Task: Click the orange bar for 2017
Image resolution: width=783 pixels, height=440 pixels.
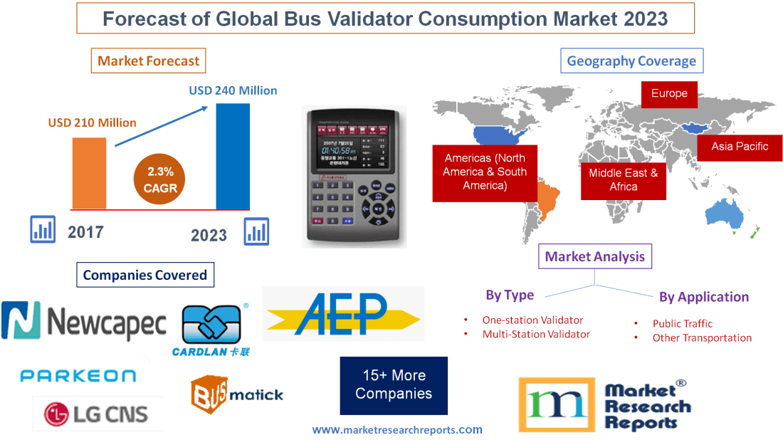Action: pyautogui.click(x=89, y=173)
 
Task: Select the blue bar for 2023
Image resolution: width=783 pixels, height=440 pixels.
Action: pyautogui.click(x=233, y=157)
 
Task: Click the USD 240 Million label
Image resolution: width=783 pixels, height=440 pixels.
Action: pyautogui.click(x=233, y=90)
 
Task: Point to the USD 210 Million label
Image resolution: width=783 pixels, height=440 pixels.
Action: pyautogui.click(x=92, y=122)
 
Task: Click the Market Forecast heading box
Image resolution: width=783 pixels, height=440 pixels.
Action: pyautogui.click(x=148, y=61)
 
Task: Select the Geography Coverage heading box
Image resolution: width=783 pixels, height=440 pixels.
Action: pyautogui.click(x=631, y=61)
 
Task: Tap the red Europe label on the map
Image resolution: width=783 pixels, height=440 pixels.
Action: pyautogui.click(x=669, y=94)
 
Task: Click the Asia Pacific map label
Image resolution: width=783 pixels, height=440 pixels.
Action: pyautogui.click(x=740, y=147)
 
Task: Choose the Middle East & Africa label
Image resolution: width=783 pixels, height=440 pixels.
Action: pyautogui.click(x=624, y=179)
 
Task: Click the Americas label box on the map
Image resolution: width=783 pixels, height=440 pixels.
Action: pyautogui.click(x=485, y=172)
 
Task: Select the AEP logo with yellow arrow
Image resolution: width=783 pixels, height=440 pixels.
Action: pyautogui.click(x=343, y=314)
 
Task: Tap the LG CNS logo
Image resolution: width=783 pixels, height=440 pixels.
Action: pyautogui.click(x=96, y=413)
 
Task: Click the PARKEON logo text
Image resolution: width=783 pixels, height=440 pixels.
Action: pyautogui.click(x=78, y=375)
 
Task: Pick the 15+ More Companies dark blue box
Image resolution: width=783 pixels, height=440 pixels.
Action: pyautogui.click(x=394, y=385)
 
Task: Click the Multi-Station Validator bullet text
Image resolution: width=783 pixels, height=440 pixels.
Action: pyautogui.click(x=536, y=334)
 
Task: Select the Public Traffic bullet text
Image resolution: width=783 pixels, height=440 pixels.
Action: pyautogui.click(x=682, y=323)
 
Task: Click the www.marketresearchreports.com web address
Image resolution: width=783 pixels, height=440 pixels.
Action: pyautogui.click(x=397, y=429)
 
